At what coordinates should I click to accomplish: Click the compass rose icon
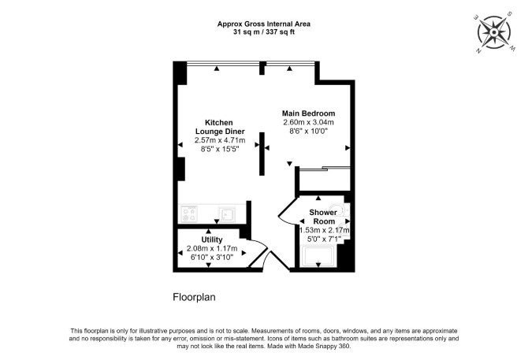(493, 32)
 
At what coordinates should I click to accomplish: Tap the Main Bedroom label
(308, 113)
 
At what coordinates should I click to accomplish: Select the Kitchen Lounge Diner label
(220, 127)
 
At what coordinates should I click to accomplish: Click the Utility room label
(212, 239)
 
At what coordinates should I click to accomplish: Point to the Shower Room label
(323, 217)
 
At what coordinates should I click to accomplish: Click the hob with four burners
(189, 214)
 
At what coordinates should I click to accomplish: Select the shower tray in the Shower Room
(318, 256)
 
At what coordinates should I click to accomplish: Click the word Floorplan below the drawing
(194, 298)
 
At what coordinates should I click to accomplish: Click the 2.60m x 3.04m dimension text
(308, 122)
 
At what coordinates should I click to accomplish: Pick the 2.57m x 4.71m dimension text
(220, 140)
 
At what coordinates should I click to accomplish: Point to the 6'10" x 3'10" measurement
(212, 257)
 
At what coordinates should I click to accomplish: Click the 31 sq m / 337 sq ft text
(264, 32)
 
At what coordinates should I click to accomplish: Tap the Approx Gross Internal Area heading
(264, 24)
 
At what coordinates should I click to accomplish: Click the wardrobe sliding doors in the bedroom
(325, 169)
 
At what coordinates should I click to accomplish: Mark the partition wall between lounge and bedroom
(262, 154)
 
